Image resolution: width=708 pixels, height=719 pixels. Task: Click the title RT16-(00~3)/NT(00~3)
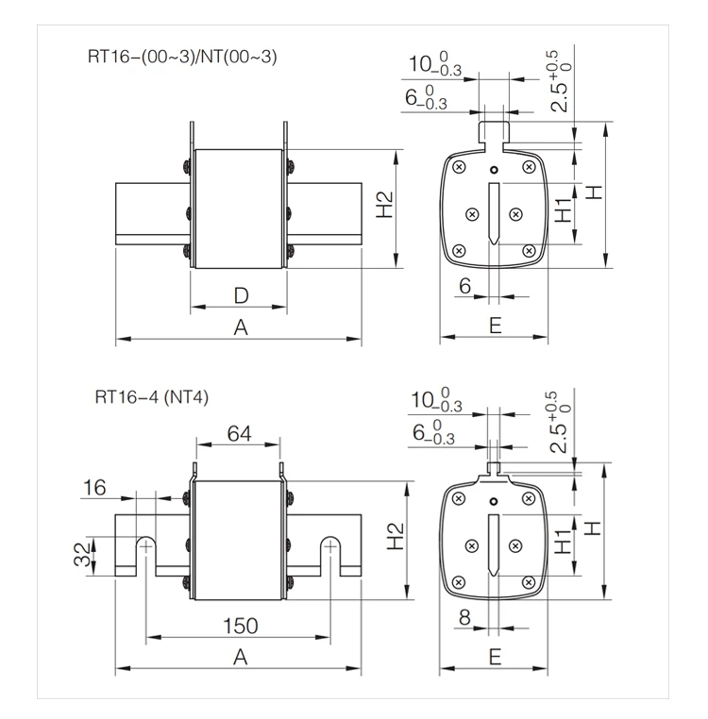click(x=182, y=57)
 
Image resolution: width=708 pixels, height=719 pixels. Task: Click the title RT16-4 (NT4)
click(x=151, y=396)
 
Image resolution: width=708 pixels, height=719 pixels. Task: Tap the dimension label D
click(x=241, y=295)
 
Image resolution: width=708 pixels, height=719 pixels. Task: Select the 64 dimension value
click(x=239, y=433)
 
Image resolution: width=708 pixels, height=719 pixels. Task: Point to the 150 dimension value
click(x=240, y=626)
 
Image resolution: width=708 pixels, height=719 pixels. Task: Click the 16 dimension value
click(x=94, y=488)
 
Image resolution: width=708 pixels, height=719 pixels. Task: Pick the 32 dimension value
click(x=83, y=555)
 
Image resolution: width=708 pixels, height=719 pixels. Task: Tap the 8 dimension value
click(x=464, y=617)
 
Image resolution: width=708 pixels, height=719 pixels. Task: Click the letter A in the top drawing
click(x=241, y=327)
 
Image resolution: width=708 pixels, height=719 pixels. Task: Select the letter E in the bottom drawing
click(x=495, y=657)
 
